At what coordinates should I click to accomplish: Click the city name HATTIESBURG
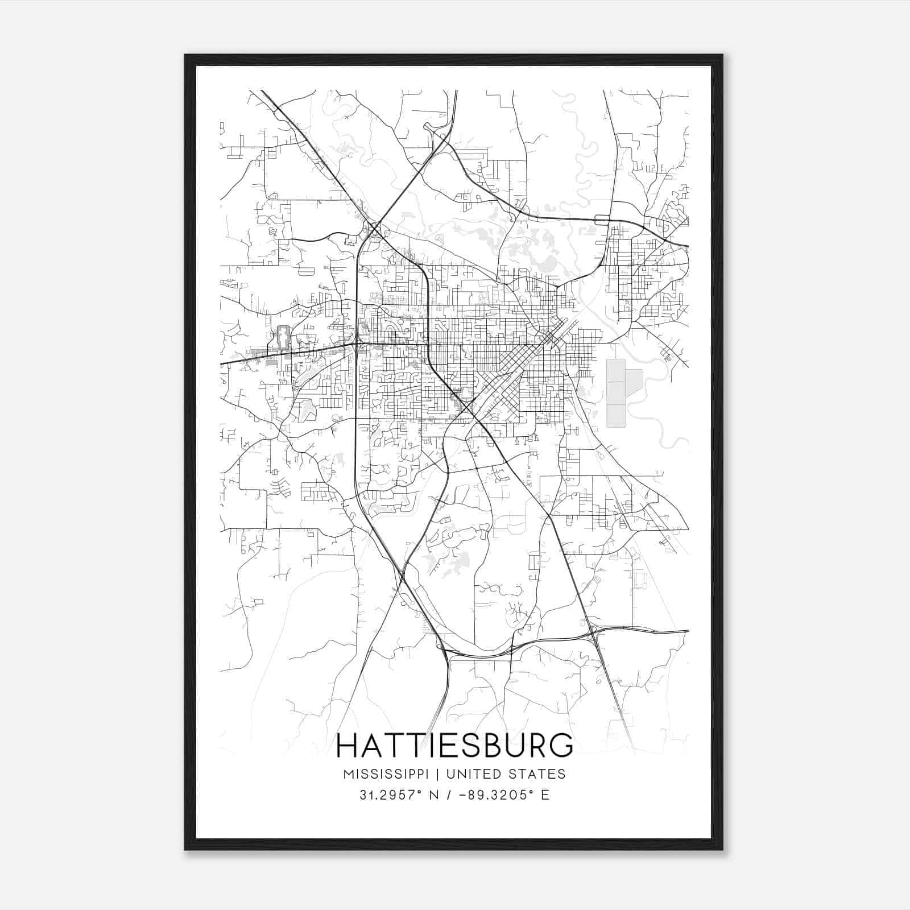(454, 746)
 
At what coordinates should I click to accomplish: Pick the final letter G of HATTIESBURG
(562, 746)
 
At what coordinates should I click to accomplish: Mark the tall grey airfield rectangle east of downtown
(616, 393)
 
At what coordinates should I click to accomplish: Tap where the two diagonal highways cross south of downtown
(472, 406)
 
